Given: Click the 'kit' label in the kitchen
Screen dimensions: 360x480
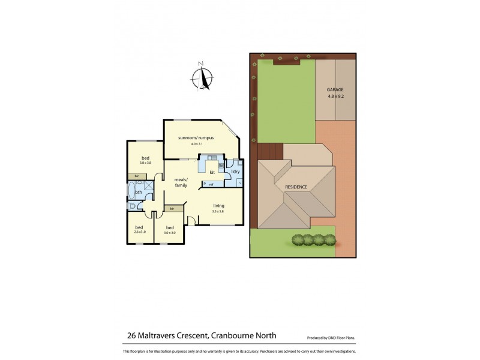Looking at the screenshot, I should coord(212,172).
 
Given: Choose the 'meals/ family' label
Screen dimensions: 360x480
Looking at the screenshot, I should coord(181,182).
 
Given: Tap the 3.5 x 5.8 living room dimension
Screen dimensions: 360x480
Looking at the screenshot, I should coord(218,212).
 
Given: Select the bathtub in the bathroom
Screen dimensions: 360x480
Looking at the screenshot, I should coord(131,191).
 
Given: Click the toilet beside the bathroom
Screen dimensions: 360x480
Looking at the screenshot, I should coord(131,206).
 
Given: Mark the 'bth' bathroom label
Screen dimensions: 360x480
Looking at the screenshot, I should coord(139,192).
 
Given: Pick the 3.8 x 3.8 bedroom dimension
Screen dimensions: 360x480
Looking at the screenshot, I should coord(145,163).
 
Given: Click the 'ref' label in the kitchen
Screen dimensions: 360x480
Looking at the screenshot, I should coord(211,184).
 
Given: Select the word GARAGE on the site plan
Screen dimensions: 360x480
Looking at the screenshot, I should coord(335,89).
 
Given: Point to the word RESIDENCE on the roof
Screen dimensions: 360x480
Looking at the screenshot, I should coord(296,187).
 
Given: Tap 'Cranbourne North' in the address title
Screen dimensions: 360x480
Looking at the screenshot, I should coord(247,336).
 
